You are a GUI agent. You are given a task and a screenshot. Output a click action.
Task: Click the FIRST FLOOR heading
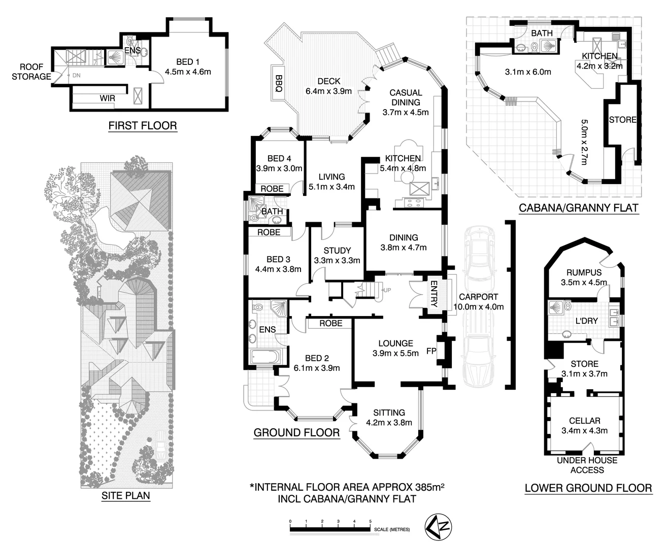click(143, 125)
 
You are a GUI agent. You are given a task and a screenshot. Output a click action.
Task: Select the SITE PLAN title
click(126, 495)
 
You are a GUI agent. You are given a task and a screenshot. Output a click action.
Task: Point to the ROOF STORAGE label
click(31, 72)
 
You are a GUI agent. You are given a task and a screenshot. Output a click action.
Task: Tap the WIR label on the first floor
click(107, 98)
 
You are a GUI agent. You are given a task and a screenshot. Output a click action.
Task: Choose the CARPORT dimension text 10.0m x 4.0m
click(478, 306)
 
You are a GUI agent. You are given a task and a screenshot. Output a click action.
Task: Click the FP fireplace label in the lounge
click(431, 351)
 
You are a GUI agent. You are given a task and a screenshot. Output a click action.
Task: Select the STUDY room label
click(337, 250)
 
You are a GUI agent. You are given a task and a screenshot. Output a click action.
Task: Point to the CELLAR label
click(585, 421)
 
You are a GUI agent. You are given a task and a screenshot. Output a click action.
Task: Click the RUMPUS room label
click(584, 272)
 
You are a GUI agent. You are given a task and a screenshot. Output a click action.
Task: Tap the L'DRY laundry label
click(586, 321)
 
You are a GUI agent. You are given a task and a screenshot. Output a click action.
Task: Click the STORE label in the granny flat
click(622, 120)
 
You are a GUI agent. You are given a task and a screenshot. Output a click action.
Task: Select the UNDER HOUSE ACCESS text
click(587, 465)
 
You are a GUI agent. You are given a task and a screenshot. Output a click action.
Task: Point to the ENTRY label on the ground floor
click(433, 294)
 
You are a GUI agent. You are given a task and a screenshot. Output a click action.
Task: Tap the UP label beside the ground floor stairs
click(387, 290)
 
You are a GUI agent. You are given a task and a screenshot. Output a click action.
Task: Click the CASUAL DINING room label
click(406, 97)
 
